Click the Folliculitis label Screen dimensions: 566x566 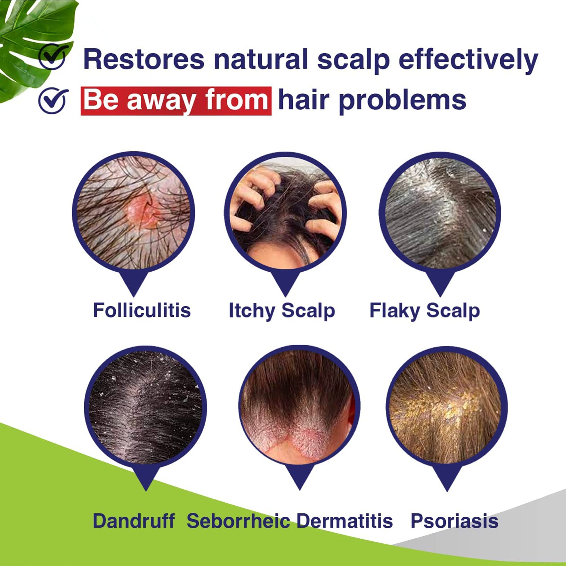point(142,310)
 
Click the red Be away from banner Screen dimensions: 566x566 point(176,101)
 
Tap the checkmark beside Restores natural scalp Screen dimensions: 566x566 point(53,57)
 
